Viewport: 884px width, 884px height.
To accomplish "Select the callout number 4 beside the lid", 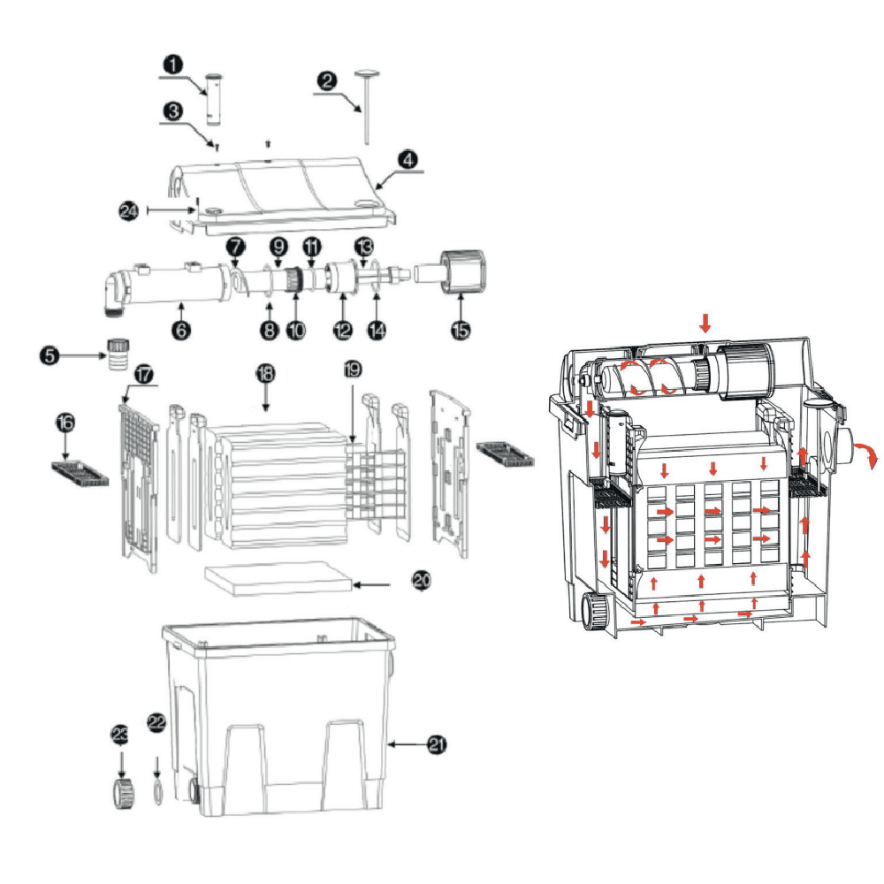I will (x=408, y=160).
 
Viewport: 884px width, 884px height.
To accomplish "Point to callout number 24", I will (x=130, y=210).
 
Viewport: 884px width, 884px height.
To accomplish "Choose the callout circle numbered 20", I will (x=422, y=580).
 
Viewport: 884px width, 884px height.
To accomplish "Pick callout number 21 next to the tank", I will (x=435, y=745).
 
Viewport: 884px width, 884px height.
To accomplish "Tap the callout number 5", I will (x=50, y=356).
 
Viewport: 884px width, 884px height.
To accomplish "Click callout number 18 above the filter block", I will (x=264, y=374).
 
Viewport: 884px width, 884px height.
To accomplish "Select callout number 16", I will (x=65, y=423).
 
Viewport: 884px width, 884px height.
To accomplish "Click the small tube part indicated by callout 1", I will (x=212, y=97).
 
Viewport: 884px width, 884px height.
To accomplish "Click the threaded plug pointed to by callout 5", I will (x=116, y=353).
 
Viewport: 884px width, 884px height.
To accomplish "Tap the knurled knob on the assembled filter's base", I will (x=596, y=612).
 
